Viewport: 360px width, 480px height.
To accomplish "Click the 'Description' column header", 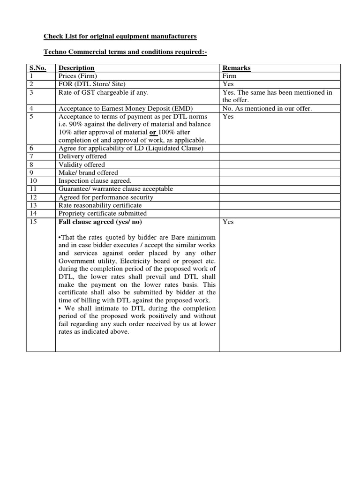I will click(76, 68).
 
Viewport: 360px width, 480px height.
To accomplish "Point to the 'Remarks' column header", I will click(236, 68).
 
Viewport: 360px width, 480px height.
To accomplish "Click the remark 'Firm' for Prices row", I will click(229, 76).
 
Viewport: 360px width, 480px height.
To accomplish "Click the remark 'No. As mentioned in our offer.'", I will click(267, 108).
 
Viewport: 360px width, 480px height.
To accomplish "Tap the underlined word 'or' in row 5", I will click(153, 132).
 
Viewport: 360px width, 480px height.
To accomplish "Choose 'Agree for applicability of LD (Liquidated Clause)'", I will click(131, 148).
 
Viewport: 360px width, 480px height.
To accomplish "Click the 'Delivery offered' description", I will click(82, 156).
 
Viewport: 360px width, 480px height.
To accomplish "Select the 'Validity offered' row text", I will click(82, 165).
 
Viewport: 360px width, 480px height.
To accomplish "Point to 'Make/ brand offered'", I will click(88, 172).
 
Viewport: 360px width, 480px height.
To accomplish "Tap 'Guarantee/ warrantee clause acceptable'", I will click(115, 189).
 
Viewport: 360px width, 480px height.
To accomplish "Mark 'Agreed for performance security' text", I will click(105, 197).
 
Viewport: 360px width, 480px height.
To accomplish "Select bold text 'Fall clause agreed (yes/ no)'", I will click(100, 222).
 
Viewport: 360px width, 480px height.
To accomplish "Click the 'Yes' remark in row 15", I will click(228, 222).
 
